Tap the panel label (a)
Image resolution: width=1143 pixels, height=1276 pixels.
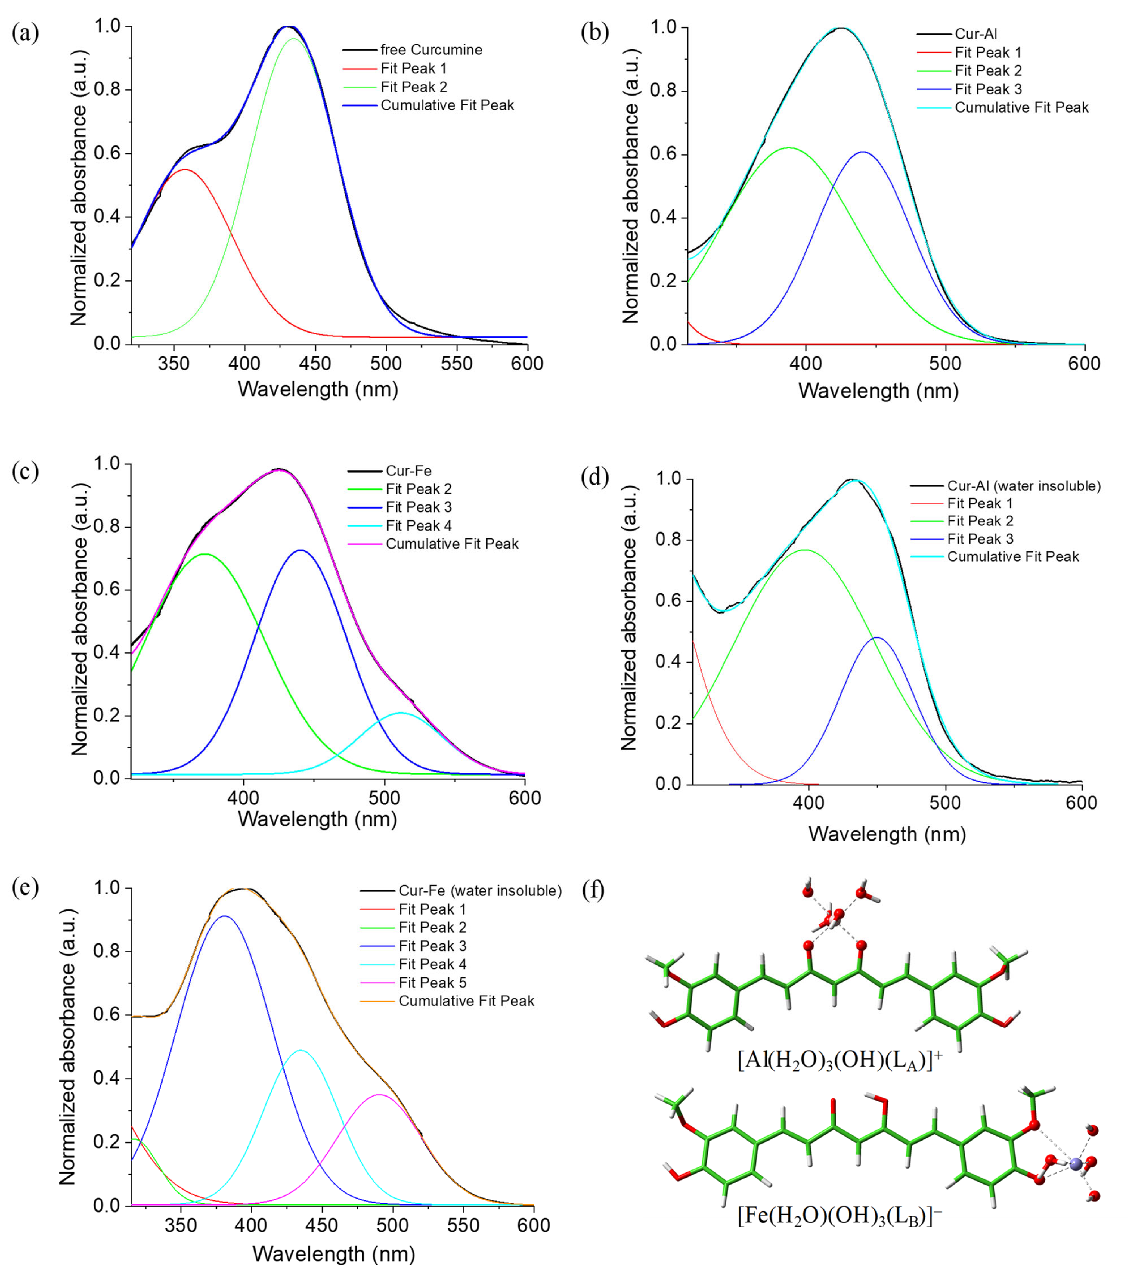point(25,33)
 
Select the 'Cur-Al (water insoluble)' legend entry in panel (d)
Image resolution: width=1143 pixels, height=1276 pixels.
point(1024,485)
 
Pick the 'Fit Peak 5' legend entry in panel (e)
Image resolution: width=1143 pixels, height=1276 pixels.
point(432,982)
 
